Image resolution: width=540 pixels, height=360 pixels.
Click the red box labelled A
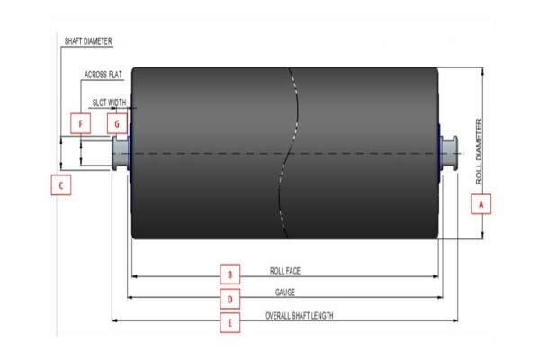(x=481, y=204)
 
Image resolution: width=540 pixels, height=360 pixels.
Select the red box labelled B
(x=230, y=274)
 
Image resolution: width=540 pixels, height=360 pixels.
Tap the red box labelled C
(x=61, y=185)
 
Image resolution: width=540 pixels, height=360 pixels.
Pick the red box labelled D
(x=230, y=299)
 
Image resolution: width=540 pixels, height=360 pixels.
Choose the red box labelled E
(x=230, y=322)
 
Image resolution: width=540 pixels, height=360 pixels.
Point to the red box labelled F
(x=81, y=123)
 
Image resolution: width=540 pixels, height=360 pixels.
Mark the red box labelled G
(x=117, y=123)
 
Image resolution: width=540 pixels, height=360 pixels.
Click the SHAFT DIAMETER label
(x=88, y=41)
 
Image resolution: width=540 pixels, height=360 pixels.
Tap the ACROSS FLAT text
(x=103, y=75)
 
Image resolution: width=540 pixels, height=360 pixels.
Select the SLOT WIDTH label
(x=109, y=103)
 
